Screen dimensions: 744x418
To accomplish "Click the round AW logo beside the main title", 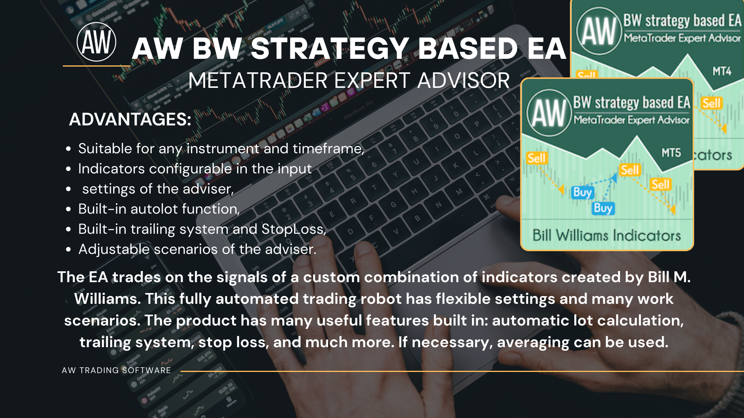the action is pyautogui.click(x=96, y=42).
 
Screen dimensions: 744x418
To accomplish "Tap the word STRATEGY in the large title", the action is pyautogui.click(x=329, y=49).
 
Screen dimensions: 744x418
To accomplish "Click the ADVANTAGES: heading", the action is pyautogui.click(x=130, y=119).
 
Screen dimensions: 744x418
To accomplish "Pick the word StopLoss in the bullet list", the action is pyautogui.click(x=294, y=229).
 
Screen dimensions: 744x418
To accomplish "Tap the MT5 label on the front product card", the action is pyautogui.click(x=671, y=153).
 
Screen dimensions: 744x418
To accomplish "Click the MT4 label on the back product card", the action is pyautogui.click(x=722, y=71).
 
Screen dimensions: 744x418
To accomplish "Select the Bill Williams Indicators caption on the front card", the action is pyautogui.click(x=606, y=235).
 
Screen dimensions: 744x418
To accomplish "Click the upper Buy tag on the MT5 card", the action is pyautogui.click(x=582, y=192).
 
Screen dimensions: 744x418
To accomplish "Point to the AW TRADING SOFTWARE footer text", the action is pyautogui.click(x=116, y=370).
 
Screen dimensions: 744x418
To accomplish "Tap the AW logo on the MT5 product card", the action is pyautogui.click(x=549, y=113).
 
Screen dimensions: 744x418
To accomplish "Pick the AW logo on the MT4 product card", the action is pyautogui.click(x=599, y=31).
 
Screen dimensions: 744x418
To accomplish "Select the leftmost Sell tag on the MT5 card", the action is pyautogui.click(x=536, y=158).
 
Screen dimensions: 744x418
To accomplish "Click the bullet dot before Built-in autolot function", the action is pyautogui.click(x=69, y=209).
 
